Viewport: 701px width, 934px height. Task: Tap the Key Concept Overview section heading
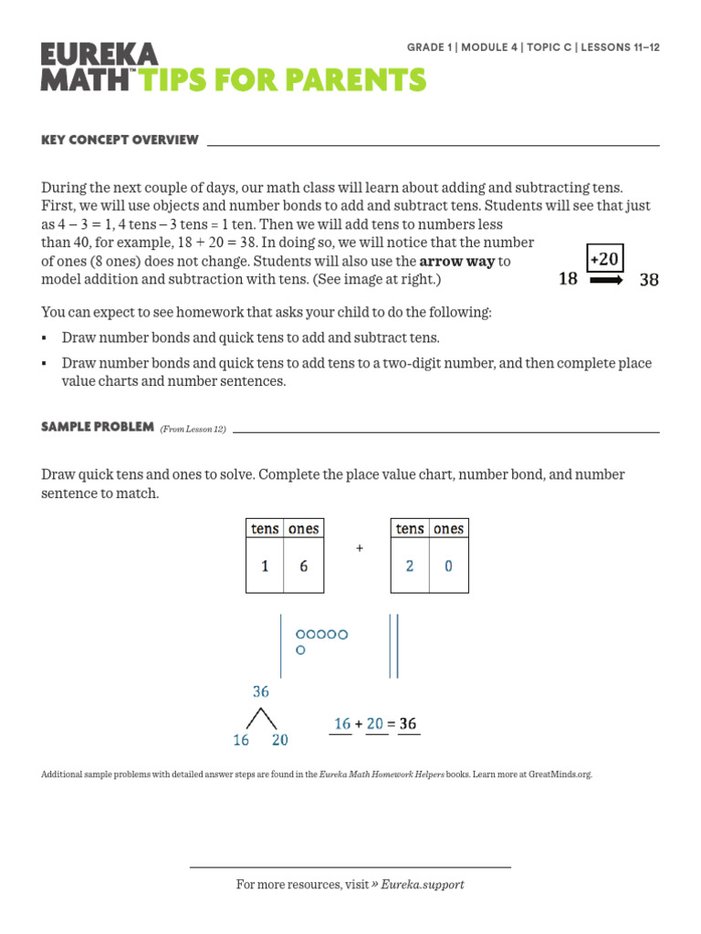coord(120,140)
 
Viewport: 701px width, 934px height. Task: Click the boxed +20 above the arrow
coord(604,259)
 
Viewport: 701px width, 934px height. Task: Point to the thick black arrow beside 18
coord(606,281)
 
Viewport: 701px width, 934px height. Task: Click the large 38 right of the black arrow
coord(648,280)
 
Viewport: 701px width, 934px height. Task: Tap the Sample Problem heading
coord(98,427)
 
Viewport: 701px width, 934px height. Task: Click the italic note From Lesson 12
coord(193,429)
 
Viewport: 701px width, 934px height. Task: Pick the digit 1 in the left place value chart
coord(265,566)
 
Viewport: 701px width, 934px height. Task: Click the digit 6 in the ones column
coord(303,566)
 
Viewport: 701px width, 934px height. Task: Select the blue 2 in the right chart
coord(410,566)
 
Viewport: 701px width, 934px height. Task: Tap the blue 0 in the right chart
coord(448,566)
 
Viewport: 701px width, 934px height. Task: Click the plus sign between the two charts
coord(360,548)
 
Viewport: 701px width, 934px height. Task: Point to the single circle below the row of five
coord(300,650)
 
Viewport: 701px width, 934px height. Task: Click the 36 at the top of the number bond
coord(261,692)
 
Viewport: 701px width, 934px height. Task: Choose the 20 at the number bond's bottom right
coord(279,740)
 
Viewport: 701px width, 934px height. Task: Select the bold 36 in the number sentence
coord(407,723)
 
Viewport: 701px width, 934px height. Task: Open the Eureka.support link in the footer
coord(422,884)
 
